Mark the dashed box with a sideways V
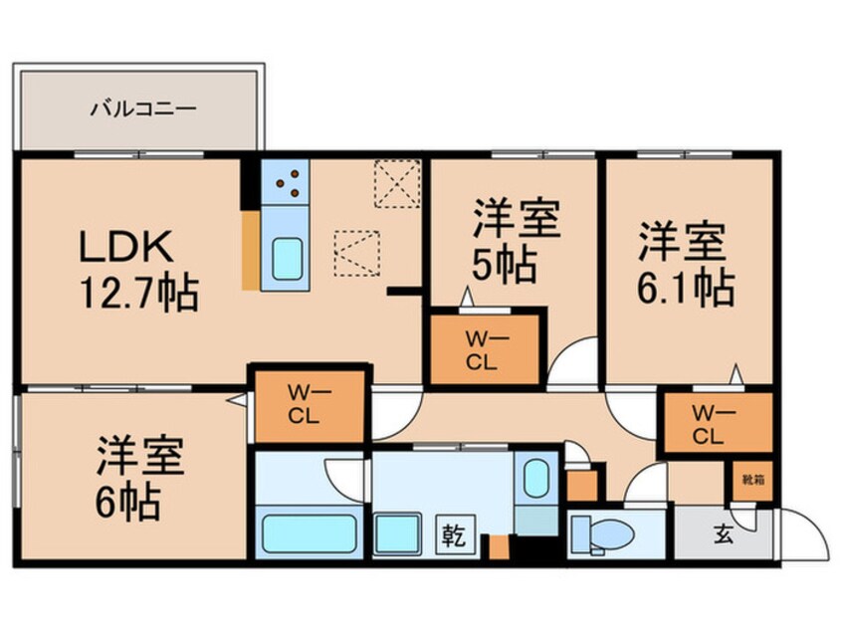[356, 251]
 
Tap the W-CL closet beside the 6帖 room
[301, 404]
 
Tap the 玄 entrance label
[724, 535]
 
